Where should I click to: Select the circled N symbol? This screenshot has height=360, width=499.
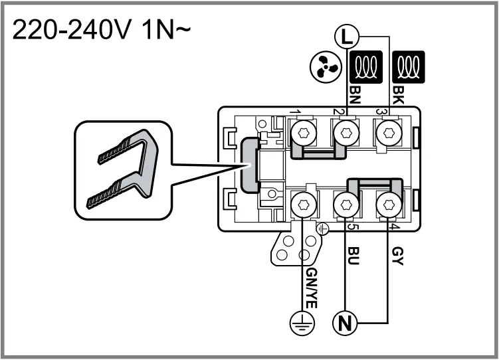pos(345,323)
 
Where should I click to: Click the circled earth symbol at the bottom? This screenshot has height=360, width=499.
pos(304,324)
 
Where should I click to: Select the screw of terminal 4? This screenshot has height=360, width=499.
pos(387,203)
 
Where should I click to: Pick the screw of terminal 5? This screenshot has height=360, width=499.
pos(345,203)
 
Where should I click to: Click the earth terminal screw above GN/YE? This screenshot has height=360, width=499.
pos(304,203)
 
